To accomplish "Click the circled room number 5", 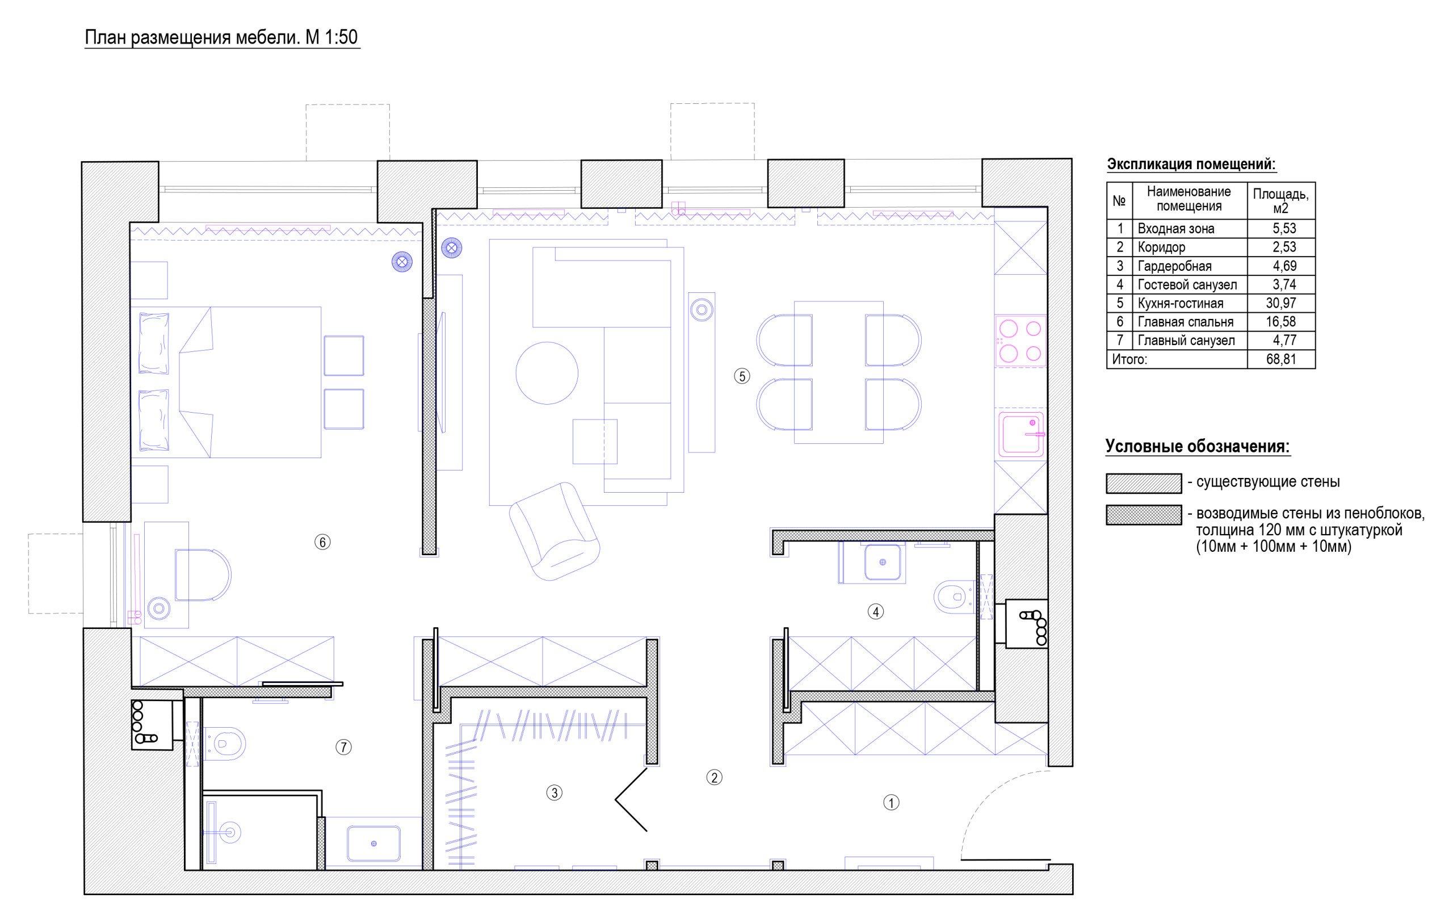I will [742, 376].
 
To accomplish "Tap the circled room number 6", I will [322, 542].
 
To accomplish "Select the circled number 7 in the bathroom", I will [343, 748].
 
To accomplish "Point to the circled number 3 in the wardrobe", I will [554, 792].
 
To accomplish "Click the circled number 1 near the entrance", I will [891, 802].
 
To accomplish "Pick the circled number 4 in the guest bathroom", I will [876, 612].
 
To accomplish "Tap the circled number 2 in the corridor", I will [715, 778].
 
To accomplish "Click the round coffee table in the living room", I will [547, 373].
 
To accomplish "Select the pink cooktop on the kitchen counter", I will [1020, 341].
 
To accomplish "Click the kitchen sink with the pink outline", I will [1021, 434].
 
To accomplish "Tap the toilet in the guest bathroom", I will [954, 597].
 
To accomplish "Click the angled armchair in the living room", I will [554, 531].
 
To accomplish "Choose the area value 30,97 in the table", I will [1280, 303].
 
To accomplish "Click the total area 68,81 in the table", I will [1280, 359].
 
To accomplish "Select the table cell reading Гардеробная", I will [1174, 266].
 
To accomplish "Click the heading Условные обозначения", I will [1197, 447].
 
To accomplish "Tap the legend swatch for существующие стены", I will [1144, 484].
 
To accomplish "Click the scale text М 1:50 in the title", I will [331, 37].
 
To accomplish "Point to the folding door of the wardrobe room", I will [631, 800].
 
